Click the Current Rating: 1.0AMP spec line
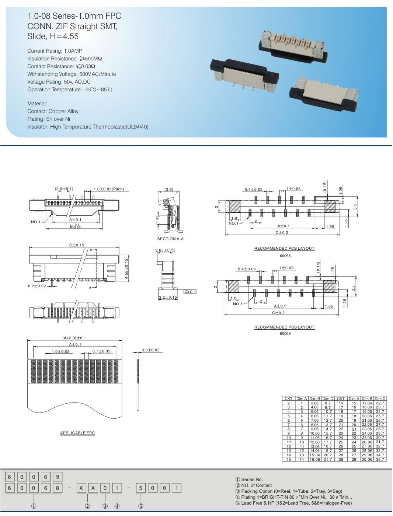click(55, 51)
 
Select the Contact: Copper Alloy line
click(53, 111)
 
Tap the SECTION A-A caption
click(170, 239)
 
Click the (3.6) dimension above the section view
click(168, 189)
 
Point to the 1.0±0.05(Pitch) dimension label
click(108, 189)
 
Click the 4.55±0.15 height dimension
click(126, 269)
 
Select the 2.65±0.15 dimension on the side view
click(165, 250)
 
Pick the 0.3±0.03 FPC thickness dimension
click(150, 350)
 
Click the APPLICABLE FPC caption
click(77, 433)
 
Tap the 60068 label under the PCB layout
click(285, 256)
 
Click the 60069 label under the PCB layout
click(285, 334)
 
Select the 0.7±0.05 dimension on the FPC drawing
click(101, 351)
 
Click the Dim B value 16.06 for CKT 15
click(314, 459)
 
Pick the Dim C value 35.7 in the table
click(380, 459)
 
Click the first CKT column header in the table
click(288, 399)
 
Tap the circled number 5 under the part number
click(140, 506)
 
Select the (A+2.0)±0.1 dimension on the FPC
click(74, 338)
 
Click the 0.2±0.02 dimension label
click(37, 286)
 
